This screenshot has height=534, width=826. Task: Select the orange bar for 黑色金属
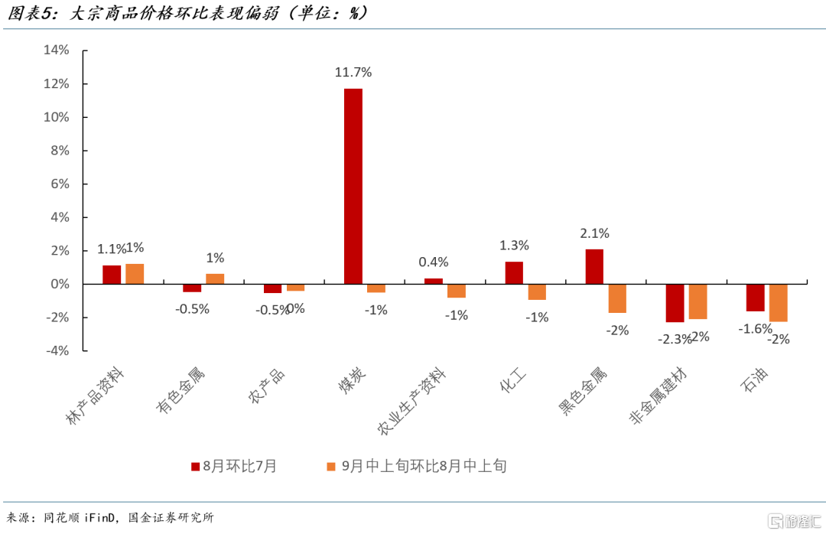coord(617,298)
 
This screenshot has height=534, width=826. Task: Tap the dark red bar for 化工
coord(514,273)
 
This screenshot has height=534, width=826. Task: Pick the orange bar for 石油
coord(779,302)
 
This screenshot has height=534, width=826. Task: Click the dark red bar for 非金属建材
coord(675,303)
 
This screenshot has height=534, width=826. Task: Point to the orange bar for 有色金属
coord(215,279)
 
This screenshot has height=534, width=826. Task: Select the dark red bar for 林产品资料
coord(112,275)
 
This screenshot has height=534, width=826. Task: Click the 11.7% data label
coord(353,73)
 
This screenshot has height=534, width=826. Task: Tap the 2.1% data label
coord(594,233)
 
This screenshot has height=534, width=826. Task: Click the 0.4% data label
coord(434,262)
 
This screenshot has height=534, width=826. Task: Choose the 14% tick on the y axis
coord(56,50)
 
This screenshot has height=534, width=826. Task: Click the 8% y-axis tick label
coord(60,151)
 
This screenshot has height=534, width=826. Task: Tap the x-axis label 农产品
coord(266,386)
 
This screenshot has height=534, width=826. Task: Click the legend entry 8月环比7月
coord(233,466)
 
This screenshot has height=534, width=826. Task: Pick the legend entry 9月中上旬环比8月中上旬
coord(416,466)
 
